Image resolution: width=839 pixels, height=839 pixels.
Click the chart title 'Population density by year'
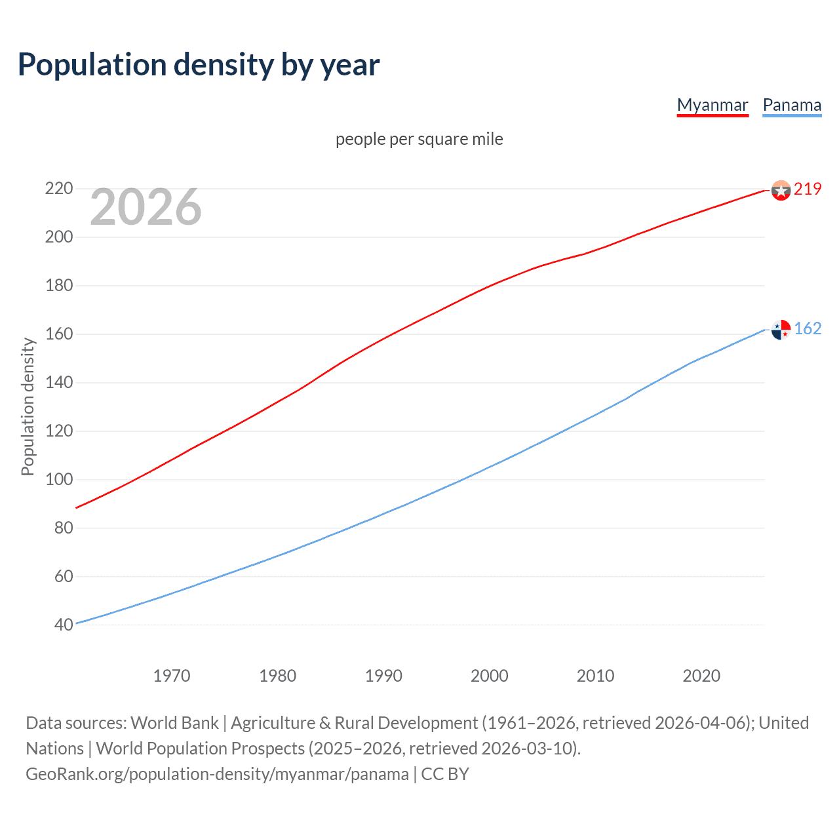[x=199, y=65]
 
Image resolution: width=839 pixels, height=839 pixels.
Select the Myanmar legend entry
[x=712, y=105]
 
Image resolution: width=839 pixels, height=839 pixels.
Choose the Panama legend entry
[x=792, y=105]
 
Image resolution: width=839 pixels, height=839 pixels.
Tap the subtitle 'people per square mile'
[x=419, y=139]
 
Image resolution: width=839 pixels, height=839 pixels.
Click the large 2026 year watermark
[x=146, y=207]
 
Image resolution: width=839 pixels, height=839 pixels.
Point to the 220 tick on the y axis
[x=58, y=189]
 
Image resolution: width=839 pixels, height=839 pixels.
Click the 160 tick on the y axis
[x=58, y=334]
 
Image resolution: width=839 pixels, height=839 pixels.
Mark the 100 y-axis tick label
[x=58, y=479]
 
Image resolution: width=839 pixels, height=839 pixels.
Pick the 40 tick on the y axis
[x=63, y=625]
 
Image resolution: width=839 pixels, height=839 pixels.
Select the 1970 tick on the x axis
[x=172, y=676]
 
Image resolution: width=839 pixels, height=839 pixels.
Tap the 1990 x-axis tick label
[x=383, y=676]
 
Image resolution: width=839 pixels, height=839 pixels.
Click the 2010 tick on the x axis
[x=595, y=676]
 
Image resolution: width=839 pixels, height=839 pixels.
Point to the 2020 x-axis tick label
[x=701, y=676]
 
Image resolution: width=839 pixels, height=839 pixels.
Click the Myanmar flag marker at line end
[x=781, y=190]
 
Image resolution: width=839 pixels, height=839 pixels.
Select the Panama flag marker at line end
[x=781, y=329]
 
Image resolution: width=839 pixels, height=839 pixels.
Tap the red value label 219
[x=808, y=189]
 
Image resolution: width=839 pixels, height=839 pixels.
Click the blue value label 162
[x=808, y=328]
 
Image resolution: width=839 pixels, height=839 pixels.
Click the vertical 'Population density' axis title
[x=28, y=406]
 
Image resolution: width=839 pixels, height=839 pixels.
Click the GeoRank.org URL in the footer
[x=217, y=774]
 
